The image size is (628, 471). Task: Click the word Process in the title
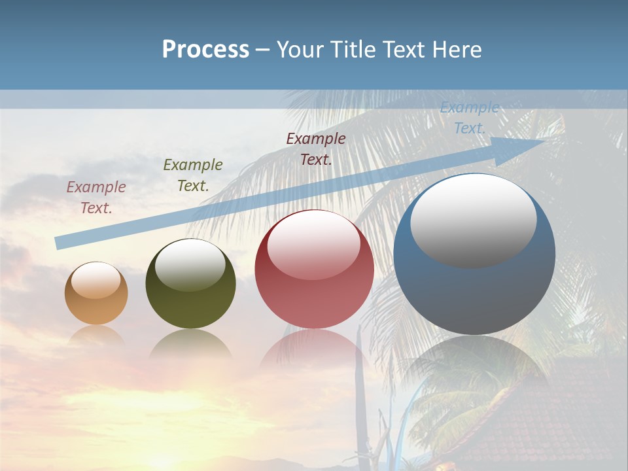(205, 50)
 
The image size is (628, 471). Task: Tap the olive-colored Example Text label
(192, 175)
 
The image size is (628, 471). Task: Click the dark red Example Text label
(315, 149)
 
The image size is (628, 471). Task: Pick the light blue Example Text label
(469, 118)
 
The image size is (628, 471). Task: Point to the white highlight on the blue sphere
(473, 219)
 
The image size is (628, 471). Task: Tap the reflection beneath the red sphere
(314, 350)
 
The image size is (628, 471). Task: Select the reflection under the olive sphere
(190, 344)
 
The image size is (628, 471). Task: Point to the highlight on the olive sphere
(190, 265)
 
